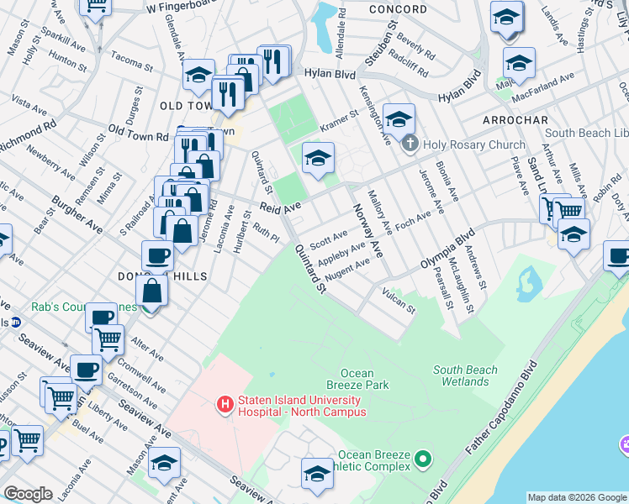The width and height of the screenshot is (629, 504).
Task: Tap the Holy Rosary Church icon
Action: (x=410, y=144)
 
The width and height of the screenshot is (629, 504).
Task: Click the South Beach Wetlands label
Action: (x=465, y=375)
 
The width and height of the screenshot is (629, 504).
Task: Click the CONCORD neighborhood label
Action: (x=397, y=9)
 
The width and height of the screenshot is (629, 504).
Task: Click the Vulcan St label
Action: (x=399, y=302)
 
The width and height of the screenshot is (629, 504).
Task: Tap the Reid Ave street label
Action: (x=280, y=207)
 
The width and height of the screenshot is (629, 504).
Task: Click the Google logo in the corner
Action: (x=28, y=493)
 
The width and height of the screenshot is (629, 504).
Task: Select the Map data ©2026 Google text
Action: (x=577, y=497)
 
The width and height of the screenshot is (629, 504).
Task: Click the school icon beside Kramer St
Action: (x=318, y=157)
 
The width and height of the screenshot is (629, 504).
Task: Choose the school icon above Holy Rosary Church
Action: (x=399, y=118)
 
